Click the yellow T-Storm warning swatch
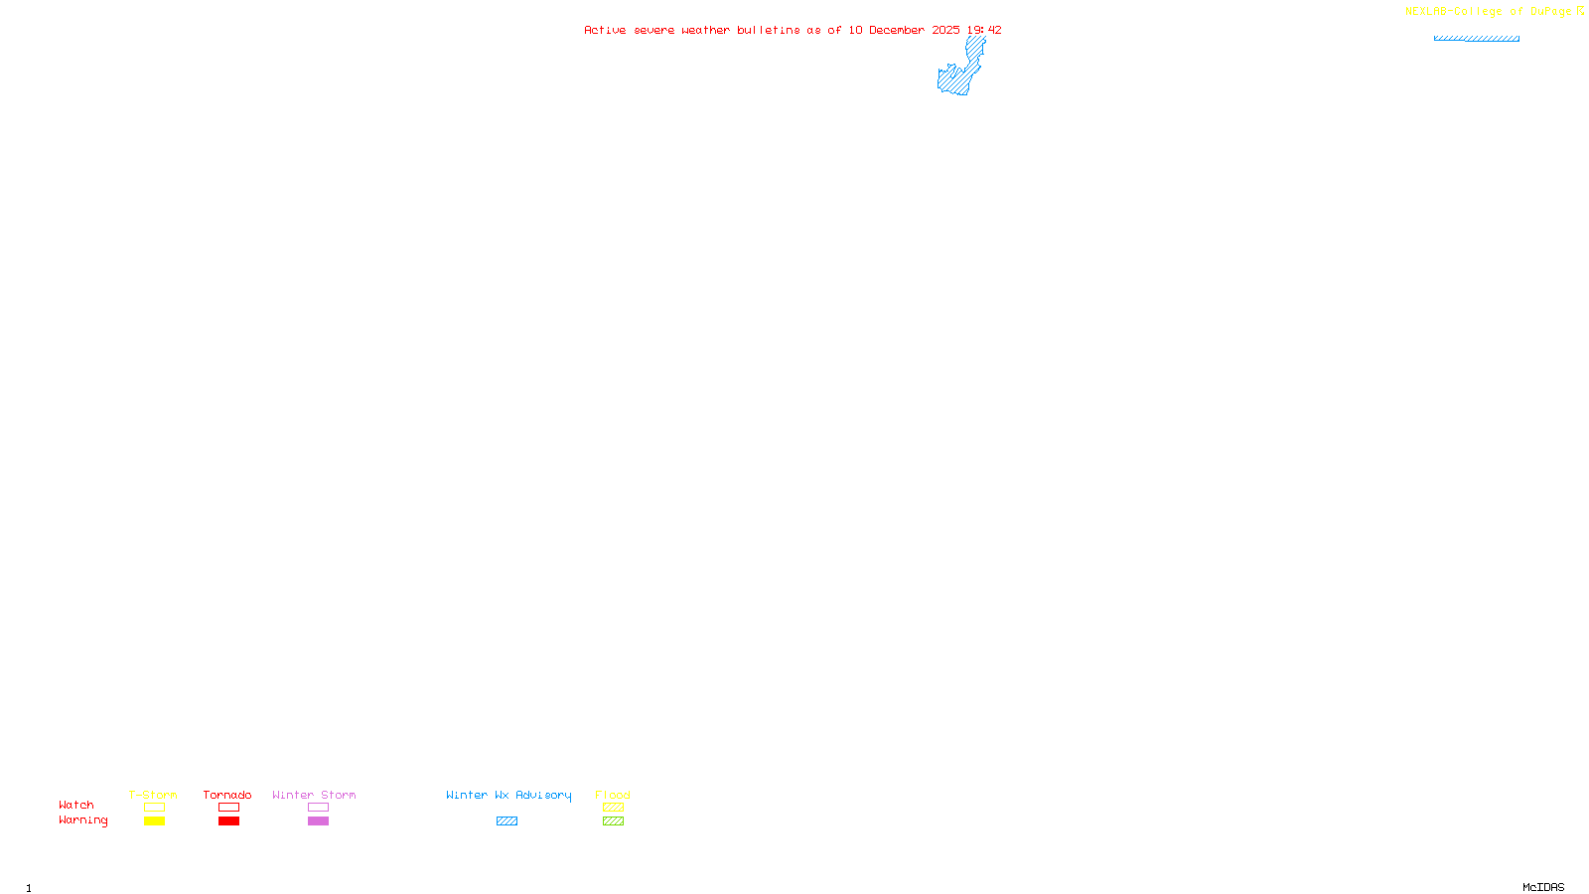pyautogui.click(x=154, y=821)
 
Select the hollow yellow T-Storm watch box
pyautogui.click(x=154, y=808)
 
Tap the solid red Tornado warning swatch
pyautogui.click(x=228, y=821)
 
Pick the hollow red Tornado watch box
pyautogui.click(x=228, y=808)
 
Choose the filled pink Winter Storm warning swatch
pyautogui.click(x=318, y=821)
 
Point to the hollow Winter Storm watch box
pyautogui.click(x=318, y=808)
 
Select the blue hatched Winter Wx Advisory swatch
pyautogui.click(x=506, y=821)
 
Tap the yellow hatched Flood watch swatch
pyautogui.click(x=613, y=808)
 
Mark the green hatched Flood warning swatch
pyautogui.click(x=613, y=821)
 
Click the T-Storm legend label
pyautogui.click(x=153, y=795)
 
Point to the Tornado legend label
pyautogui.click(x=227, y=795)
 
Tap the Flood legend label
pyautogui.click(x=613, y=795)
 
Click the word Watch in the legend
pyautogui.click(x=76, y=806)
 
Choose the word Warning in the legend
pyautogui.click(x=83, y=820)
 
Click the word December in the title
pyautogui.click(x=897, y=31)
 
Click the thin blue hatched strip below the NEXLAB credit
pyautogui.click(x=1476, y=39)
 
